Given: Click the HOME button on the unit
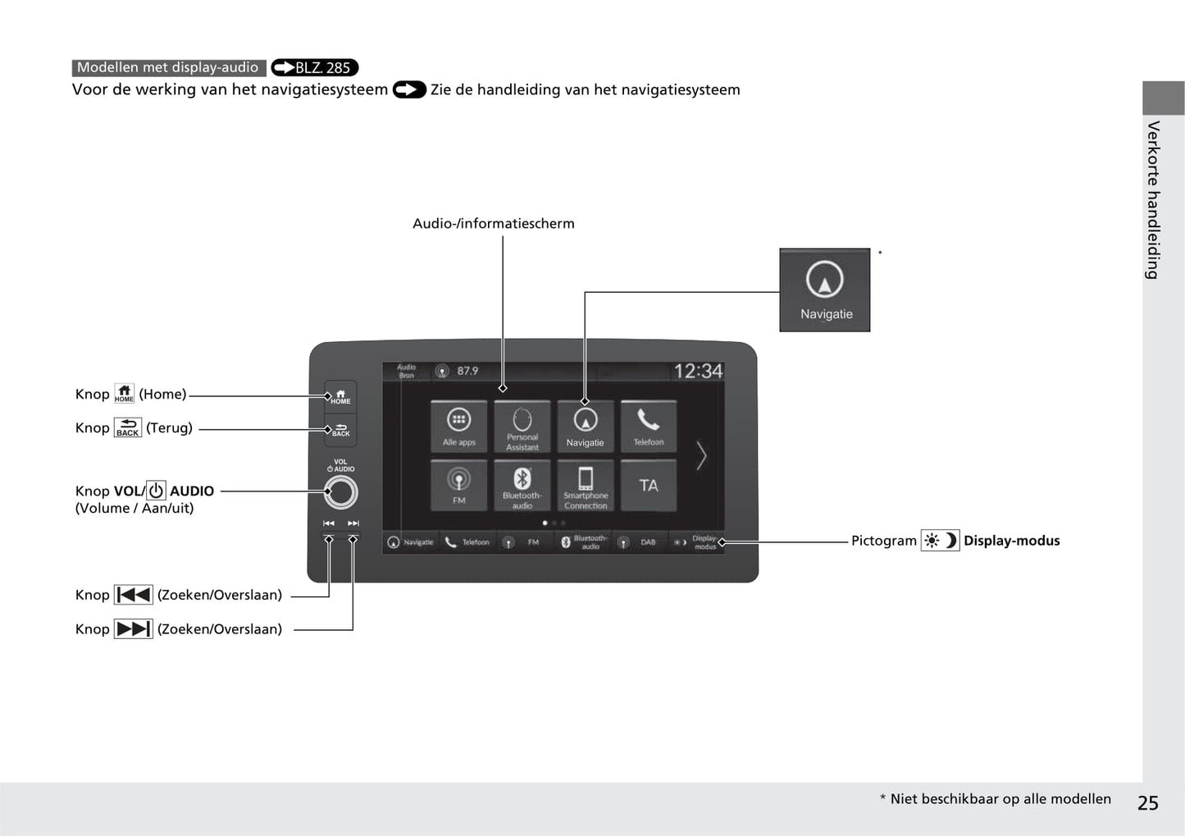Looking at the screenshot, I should tap(340, 396).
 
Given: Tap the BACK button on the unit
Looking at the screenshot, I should tap(340, 429).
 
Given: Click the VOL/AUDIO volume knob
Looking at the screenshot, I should tap(340, 492).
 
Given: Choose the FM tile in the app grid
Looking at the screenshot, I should tap(458, 484).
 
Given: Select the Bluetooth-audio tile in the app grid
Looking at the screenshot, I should tap(522, 484).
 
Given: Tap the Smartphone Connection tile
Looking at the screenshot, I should tap(586, 484).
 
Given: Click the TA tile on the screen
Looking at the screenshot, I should tap(649, 484).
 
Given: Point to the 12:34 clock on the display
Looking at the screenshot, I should tap(698, 372).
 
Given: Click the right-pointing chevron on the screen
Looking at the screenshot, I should tap(701, 455).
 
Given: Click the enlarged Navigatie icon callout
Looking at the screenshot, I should tap(825, 290).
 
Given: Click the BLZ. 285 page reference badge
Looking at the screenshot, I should tap(315, 68).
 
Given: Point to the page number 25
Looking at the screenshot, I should tap(1147, 803).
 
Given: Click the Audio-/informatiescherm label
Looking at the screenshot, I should tap(493, 223).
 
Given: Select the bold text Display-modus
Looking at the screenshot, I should tap(1011, 541).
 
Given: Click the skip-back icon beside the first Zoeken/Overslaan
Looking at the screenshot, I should tap(133, 595).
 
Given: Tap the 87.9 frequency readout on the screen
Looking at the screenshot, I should tap(467, 371).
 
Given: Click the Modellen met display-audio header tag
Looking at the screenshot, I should tap(168, 68).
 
